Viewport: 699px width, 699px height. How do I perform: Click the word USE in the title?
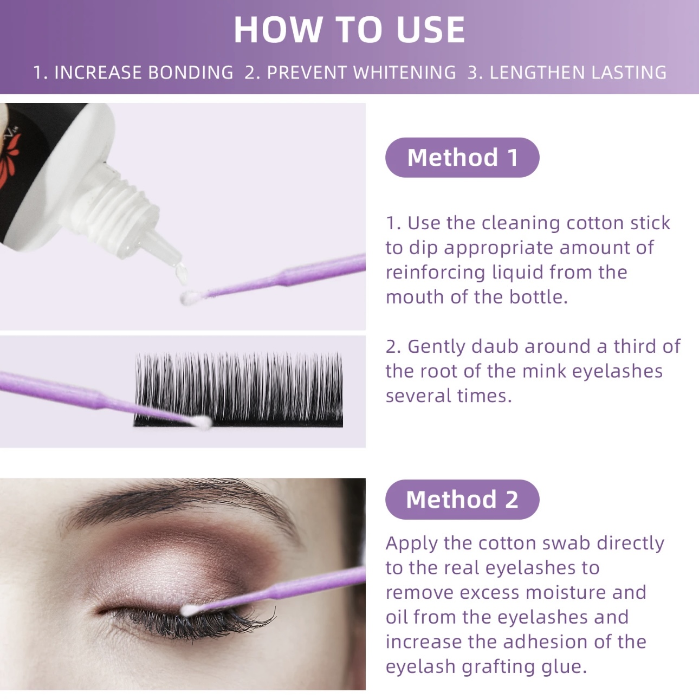pyautogui.click(x=431, y=30)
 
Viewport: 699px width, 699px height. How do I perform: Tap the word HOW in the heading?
pyautogui.click(x=278, y=30)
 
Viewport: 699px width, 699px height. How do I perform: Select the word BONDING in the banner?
pyautogui.click(x=191, y=72)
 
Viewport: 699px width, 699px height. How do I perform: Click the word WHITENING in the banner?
pyautogui.click(x=404, y=72)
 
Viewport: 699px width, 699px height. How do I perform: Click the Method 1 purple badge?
pyautogui.click(x=462, y=158)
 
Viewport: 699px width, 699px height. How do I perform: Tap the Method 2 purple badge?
pyautogui.click(x=462, y=500)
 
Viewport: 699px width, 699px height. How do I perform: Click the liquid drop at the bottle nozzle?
pyautogui.click(x=181, y=271)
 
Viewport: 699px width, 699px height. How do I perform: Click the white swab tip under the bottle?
pyautogui.click(x=188, y=298)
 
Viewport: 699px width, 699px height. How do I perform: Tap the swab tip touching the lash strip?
pyautogui.click(x=202, y=422)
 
